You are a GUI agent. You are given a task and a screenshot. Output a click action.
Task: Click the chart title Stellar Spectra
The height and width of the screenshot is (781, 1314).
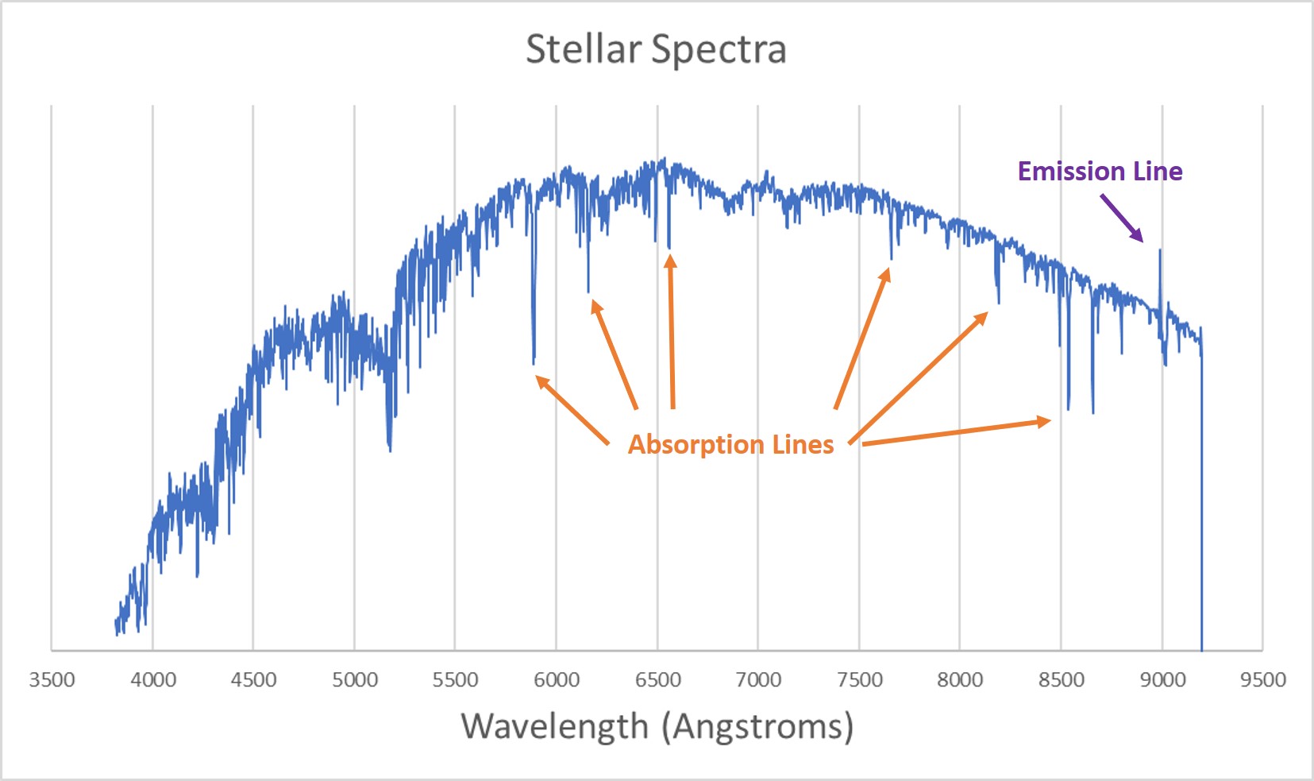tap(656, 49)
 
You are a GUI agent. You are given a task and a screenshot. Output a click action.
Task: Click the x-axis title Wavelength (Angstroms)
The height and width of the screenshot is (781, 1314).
tap(657, 726)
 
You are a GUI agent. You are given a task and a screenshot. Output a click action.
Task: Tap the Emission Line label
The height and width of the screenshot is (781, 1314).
tap(1100, 172)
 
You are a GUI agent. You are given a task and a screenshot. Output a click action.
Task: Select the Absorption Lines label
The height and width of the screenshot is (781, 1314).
tap(730, 444)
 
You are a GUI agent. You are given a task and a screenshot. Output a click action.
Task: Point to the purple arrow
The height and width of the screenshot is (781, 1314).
tap(1121, 218)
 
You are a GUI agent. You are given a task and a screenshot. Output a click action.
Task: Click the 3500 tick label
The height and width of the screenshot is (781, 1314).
tap(52, 680)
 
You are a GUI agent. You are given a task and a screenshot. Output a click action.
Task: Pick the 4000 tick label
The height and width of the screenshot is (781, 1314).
tap(152, 680)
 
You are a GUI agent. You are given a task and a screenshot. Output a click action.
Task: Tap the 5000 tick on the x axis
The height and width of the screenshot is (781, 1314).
tap(354, 680)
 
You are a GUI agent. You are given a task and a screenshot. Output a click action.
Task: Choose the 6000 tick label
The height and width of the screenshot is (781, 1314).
tap(556, 680)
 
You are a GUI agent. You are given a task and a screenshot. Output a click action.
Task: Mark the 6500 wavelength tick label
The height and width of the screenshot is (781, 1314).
tap(657, 680)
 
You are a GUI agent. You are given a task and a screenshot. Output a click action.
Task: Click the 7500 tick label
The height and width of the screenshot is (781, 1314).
tap(859, 680)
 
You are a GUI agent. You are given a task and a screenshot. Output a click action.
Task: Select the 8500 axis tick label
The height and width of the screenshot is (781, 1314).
tap(1061, 680)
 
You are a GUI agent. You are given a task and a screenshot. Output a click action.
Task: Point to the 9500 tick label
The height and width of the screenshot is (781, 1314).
tap(1262, 680)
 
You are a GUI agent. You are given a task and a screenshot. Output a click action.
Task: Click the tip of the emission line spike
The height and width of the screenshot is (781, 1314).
tap(1160, 251)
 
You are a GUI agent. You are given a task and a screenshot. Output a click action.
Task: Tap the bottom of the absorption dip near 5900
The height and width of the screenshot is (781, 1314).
tap(534, 362)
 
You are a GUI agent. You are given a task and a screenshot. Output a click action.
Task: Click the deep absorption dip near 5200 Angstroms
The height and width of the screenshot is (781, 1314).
tap(389, 448)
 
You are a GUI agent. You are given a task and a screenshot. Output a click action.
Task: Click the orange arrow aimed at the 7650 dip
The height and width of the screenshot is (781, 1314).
tap(862, 338)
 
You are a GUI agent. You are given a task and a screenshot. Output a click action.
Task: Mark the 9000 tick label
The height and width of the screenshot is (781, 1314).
tap(1162, 680)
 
